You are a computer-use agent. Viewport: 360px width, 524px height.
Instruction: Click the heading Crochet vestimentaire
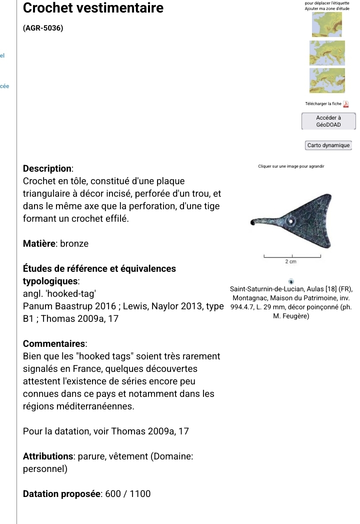[93, 9]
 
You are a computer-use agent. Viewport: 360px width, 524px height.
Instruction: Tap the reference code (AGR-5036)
[43, 29]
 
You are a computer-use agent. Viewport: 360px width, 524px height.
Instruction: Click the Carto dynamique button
[328, 145]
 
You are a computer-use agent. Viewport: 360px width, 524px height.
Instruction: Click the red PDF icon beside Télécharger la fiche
[345, 104]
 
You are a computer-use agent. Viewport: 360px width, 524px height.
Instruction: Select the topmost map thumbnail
[326, 24]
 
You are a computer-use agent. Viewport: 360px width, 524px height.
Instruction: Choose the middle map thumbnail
[326, 54]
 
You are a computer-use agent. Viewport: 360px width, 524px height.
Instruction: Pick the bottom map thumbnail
[326, 81]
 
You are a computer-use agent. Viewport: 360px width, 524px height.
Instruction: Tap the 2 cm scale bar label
[290, 261]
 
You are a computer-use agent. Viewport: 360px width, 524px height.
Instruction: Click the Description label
[48, 169]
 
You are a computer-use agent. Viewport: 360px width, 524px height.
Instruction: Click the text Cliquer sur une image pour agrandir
[291, 166]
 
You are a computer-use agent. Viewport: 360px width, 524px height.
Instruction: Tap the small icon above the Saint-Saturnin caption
[291, 281]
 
